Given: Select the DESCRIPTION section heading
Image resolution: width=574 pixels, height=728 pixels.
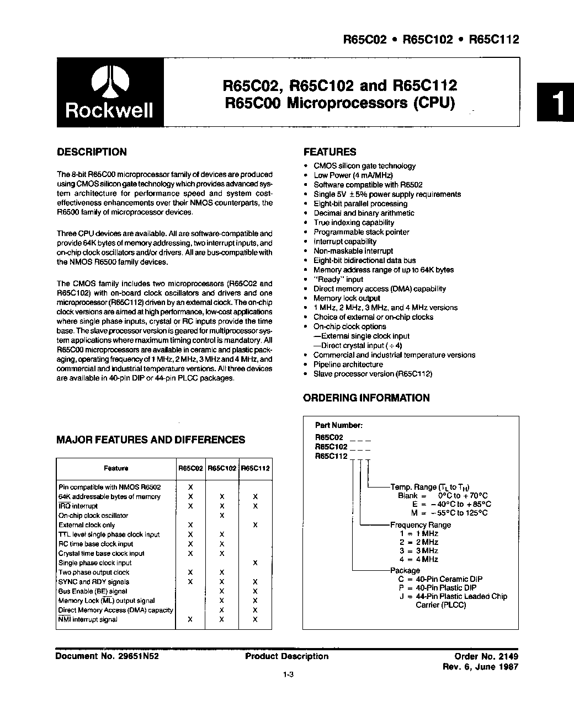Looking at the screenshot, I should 92,152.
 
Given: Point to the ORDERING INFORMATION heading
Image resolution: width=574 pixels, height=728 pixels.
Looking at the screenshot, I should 366,398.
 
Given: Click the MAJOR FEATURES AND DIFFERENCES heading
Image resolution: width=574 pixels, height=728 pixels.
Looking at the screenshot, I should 151,440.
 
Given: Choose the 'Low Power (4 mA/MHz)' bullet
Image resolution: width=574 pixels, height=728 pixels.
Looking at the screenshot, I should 353,175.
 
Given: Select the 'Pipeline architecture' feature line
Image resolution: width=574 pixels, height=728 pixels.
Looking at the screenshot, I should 348,365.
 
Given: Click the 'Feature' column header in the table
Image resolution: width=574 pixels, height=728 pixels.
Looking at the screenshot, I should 116,468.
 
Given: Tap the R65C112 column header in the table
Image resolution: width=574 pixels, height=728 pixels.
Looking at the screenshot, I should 256,468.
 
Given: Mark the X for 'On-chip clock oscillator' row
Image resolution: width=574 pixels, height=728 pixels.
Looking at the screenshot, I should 222,516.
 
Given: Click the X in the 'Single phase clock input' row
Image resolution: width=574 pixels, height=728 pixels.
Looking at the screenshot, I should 255,563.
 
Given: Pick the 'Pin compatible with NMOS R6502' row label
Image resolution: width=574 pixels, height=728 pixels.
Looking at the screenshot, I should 110,487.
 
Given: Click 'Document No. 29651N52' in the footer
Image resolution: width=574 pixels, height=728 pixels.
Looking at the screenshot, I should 108,656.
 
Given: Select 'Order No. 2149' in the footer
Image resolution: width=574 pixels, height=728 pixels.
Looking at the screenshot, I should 486,656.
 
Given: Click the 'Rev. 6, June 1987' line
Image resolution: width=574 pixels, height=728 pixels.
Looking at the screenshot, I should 481,666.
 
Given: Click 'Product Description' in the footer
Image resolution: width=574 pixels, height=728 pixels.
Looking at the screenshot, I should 286,656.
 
